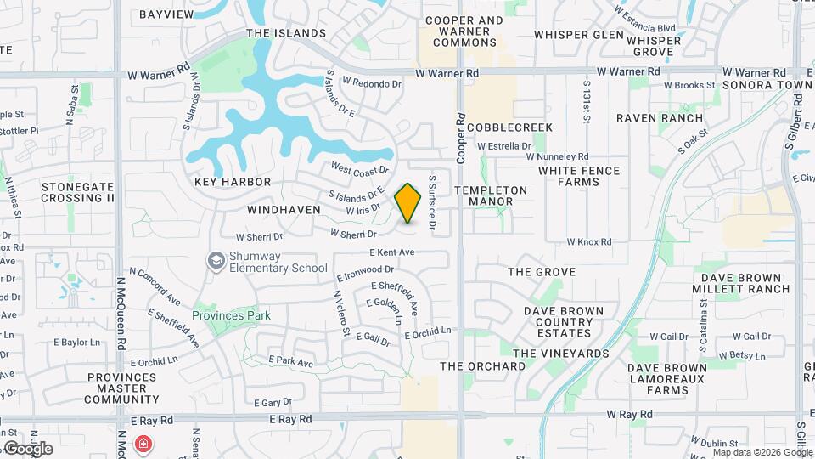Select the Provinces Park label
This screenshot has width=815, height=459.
(231, 315)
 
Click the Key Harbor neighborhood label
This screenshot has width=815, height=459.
(233, 182)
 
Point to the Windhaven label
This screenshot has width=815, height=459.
(284, 209)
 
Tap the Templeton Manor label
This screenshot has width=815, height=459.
(491, 195)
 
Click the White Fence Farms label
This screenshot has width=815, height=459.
(578, 176)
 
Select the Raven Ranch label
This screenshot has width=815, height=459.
(660, 118)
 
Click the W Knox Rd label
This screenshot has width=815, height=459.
(588, 242)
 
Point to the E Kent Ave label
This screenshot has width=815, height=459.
(392, 252)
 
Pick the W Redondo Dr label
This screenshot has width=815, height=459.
(372, 83)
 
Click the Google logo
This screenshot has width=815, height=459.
(27, 449)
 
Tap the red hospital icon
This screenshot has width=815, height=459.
(144, 444)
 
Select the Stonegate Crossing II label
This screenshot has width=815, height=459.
(77, 192)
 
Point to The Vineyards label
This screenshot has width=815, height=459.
(561, 353)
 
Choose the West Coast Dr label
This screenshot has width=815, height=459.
(359, 170)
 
